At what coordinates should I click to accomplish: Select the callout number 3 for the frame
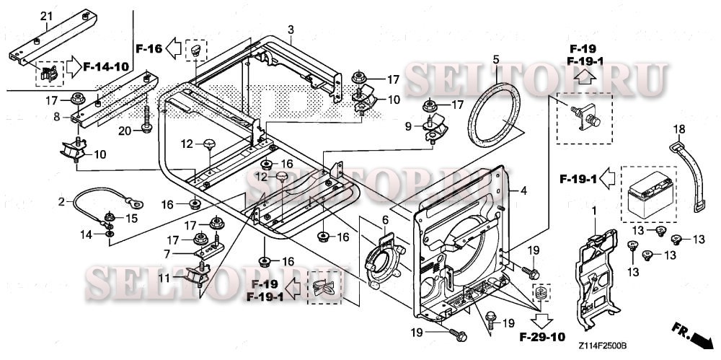click(x=291, y=30)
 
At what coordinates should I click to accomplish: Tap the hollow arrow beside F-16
click(x=174, y=49)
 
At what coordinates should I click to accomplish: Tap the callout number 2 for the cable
click(x=62, y=200)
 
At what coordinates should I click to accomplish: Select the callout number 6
click(x=385, y=219)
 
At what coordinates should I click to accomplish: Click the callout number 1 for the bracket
click(x=594, y=210)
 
